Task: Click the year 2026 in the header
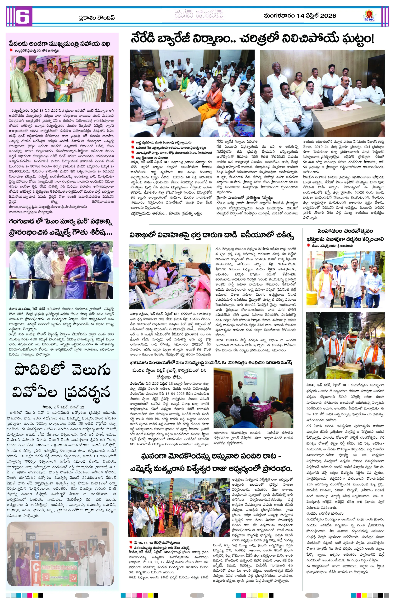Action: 328,16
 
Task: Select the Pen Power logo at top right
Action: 369,16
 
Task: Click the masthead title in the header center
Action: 199,15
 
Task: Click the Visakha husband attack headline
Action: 211,235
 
